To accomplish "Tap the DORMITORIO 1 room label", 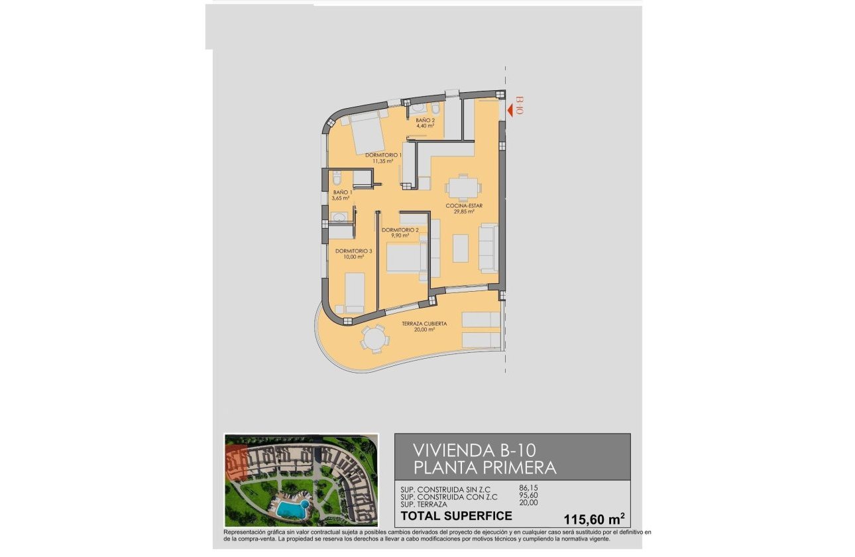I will tap(383, 155).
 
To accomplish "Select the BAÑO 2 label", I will tap(425, 121).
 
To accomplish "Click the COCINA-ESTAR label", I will tap(464, 206).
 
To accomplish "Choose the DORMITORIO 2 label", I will tap(400, 230).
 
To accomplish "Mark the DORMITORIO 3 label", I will tap(353, 251).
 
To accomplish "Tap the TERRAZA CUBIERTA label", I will tap(424, 324).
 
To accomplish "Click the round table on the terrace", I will tap(374, 340).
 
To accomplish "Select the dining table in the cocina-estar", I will tap(462, 187).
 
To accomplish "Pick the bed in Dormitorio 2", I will tap(404, 259).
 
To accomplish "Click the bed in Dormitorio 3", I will tap(354, 292).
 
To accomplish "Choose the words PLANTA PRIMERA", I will tap(484, 467).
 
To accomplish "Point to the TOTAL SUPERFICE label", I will tap(457, 515).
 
